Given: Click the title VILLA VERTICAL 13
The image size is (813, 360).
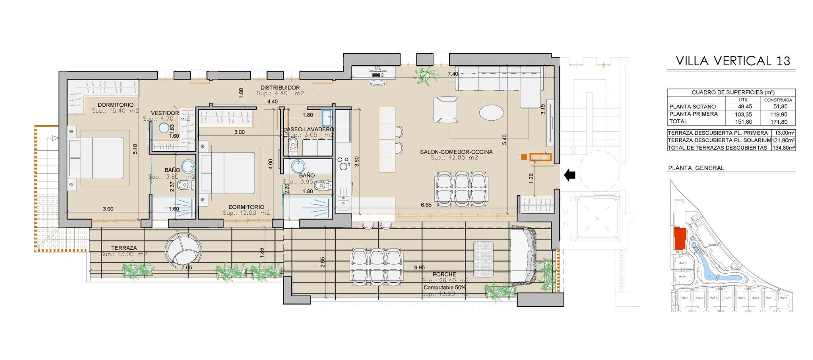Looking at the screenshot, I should coord(733,61).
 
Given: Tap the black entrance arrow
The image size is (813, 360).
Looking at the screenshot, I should coord(570,174).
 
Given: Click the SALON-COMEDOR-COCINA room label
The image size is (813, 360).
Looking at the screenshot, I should coord(456,152).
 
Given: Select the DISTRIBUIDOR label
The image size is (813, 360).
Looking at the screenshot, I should coord(280,88).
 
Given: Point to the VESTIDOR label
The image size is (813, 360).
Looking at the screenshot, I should coord(165,113).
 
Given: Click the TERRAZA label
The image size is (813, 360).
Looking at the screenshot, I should coord(124,248).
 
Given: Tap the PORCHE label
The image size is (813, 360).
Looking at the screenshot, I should coord(444,274).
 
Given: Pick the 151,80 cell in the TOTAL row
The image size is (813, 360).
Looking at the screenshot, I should coord(744,122).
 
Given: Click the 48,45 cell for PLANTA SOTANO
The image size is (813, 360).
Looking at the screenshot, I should coord(744,107).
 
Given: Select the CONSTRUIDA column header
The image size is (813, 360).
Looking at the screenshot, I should coord(778,100).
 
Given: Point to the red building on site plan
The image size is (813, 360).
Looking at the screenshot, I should coord(680,238).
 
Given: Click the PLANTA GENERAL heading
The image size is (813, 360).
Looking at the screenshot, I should coord(696,168).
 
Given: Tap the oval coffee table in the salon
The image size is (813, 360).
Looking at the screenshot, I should coord(491,113).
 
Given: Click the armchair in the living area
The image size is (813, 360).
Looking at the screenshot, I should coord(445,109).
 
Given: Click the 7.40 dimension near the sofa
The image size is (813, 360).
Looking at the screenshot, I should coord(453,74).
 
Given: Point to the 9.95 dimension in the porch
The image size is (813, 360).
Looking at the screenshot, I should coord(419,267).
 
